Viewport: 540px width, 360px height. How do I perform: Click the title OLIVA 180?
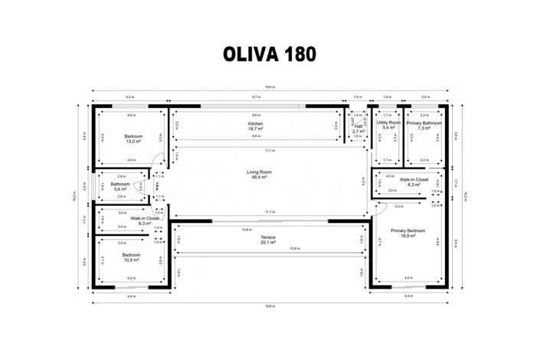[269, 54]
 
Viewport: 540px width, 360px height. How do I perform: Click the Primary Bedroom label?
[407, 231]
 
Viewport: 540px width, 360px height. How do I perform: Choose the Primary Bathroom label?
[424, 123]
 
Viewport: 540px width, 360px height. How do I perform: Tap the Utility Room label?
[388, 123]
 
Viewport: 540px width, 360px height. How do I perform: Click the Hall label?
[358, 126]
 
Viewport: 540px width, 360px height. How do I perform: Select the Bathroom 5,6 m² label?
[120, 185]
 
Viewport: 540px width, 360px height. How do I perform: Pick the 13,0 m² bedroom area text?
[133, 142]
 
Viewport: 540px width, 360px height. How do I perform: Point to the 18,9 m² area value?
[407, 236]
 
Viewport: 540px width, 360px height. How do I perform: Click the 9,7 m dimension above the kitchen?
[255, 98]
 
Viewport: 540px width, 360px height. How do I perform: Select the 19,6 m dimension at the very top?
[270, 87]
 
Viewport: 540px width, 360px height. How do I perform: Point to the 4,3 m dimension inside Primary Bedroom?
[407, 277]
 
